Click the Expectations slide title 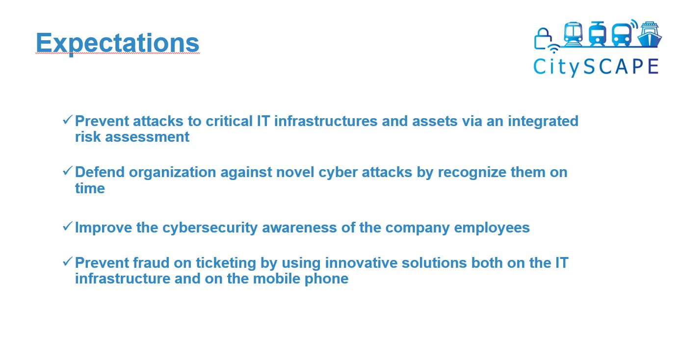pos(117,43)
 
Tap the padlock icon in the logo pos(543,39)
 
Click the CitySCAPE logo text pos(596,67)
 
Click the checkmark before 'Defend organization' pos(67,171)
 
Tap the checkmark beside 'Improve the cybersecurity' pos(67,226)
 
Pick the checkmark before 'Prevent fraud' pos(67,261)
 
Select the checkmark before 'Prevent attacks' pos(67,120)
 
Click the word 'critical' pos(229,121)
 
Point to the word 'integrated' pos(543,122)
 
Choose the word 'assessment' pos(147,137)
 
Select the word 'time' pos(90,188)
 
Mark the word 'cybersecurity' pos(210,228)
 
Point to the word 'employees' pos(492,228)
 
